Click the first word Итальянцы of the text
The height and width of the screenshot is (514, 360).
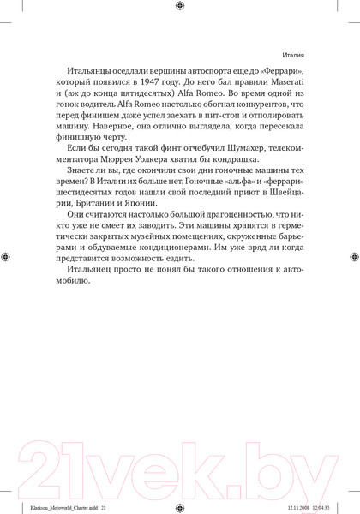tap(96, 74)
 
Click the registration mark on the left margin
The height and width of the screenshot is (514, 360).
tap(7, 256)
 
